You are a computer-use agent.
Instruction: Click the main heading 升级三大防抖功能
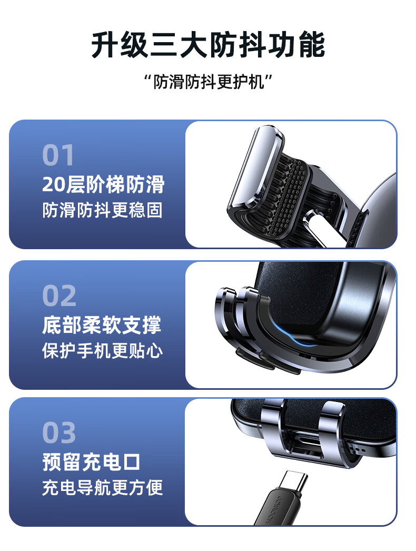coord(208,45)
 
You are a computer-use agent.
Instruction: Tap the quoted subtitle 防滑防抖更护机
coord(209,82)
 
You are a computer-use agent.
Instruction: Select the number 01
coord(58,155)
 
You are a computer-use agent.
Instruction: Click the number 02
coord(59,296)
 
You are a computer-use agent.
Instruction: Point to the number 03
coord(59,432)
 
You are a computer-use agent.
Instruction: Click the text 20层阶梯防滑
coord(103,184)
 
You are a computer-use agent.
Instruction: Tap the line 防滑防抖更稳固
coord(102,210)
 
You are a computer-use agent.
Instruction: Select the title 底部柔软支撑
coord(102,324)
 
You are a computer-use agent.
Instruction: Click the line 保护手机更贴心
coord(102,351)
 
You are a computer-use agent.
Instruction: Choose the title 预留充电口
coord(91,462)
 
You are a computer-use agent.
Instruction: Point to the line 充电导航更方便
coord(102,488)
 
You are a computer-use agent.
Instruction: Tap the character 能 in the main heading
coord(312,45)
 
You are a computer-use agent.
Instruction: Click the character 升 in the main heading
coord(105,45)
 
